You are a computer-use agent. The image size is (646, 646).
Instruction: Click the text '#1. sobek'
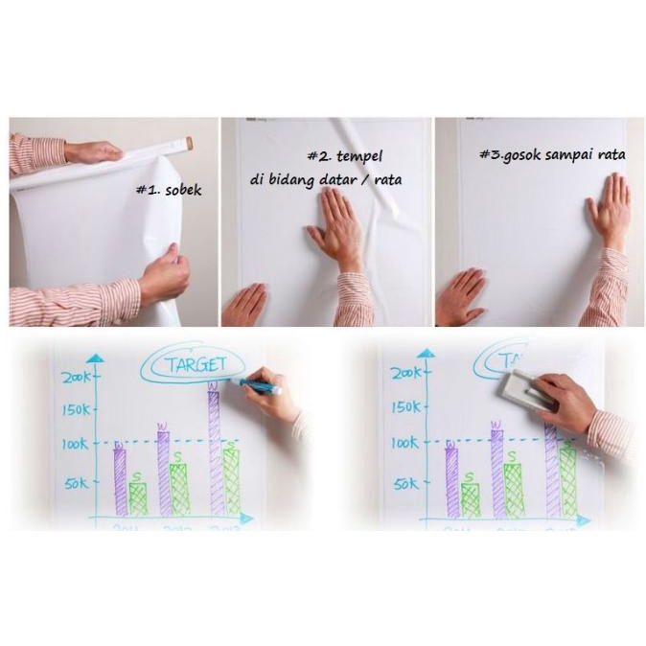pos(169,190)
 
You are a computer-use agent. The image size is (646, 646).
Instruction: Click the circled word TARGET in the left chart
pos(196,363)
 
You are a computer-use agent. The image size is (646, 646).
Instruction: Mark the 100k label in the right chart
pos(406,444)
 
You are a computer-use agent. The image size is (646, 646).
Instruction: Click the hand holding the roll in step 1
pos(93,151)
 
